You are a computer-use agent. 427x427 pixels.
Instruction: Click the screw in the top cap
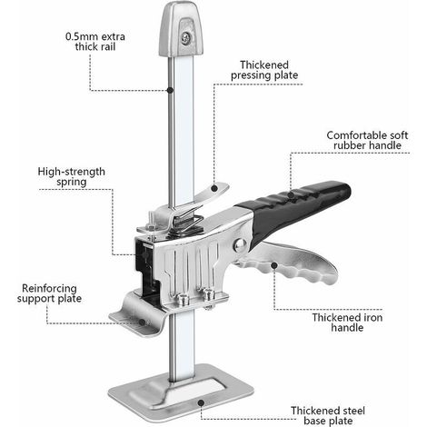click(185, 37)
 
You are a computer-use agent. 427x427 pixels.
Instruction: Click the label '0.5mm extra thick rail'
click(95, 42)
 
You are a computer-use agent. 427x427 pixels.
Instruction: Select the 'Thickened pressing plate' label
click(264, 70)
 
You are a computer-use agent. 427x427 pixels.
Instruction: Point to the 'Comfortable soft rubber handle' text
click(367, 140)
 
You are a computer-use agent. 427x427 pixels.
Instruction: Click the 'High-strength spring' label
click(72, 176)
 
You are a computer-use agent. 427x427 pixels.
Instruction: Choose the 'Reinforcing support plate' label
click(49, 293)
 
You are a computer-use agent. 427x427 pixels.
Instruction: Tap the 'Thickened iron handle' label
click(347, 323)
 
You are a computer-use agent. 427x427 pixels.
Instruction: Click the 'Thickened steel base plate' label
click(328, 415)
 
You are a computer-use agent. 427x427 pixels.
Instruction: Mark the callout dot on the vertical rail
click(170, 90)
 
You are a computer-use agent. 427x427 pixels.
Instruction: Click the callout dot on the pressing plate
click(214, 188)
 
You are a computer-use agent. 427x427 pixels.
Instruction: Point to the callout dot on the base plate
click(201, 402)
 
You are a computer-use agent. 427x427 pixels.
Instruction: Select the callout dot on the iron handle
click(274, 265)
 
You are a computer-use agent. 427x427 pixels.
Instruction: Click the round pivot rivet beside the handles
click(240, 244)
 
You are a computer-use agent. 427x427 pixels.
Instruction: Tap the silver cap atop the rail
click(181, 29)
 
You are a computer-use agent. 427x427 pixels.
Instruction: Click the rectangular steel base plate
click(181, 393)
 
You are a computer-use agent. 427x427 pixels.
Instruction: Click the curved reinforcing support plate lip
click(138, 315)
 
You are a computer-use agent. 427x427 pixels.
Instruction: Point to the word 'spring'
click(72, 183)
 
